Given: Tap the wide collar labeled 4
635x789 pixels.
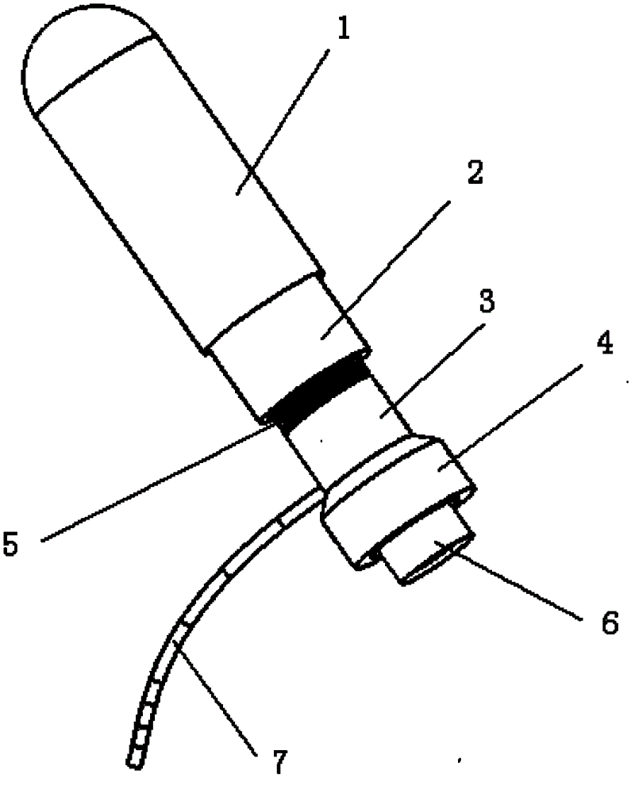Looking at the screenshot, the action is [397, 500].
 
